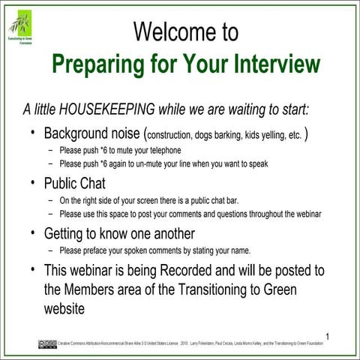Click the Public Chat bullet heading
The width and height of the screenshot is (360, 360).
[x=75, y=184]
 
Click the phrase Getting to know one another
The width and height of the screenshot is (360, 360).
[x=119, y=233]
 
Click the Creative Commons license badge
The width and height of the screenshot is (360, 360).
[x=46, y=343]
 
